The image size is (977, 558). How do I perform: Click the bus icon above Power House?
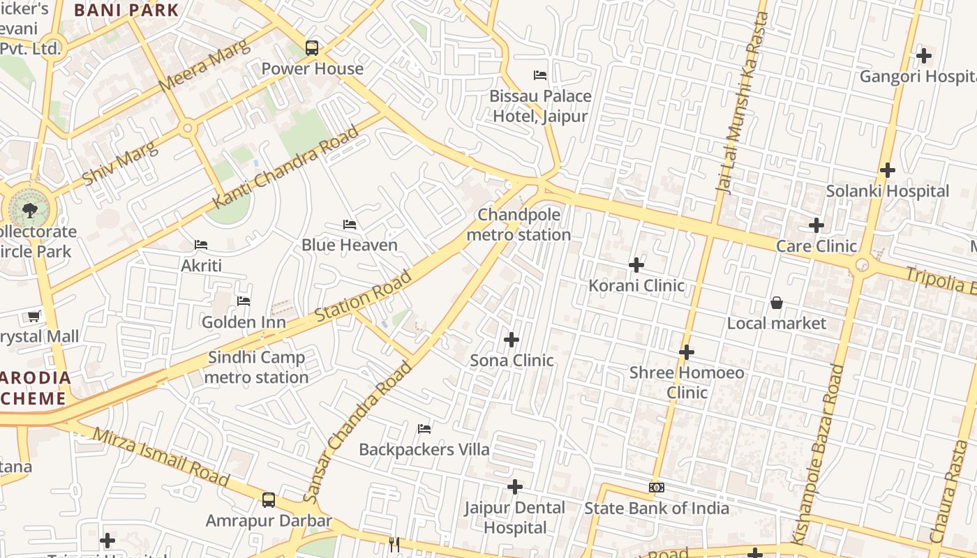312,48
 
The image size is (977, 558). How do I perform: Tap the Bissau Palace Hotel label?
540,105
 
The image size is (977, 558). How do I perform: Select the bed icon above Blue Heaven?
350,225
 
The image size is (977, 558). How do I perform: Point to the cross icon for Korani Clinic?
636,265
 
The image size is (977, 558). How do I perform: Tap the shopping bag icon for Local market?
776,303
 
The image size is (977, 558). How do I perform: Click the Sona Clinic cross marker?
512,340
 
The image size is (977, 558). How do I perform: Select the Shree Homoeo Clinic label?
687,382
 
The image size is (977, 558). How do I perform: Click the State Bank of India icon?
656,488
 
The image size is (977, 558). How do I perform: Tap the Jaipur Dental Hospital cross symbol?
515,487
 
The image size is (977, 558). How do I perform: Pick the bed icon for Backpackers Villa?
424,428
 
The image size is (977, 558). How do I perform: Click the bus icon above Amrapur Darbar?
269,499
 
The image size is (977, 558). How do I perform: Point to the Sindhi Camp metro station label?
257,368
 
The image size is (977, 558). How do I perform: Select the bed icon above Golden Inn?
244,301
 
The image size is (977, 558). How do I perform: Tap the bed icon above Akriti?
201,245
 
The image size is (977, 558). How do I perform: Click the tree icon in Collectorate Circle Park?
29,209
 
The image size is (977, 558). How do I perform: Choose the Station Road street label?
363,297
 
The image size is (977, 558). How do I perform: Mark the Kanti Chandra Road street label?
286,167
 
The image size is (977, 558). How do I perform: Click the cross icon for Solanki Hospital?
887,170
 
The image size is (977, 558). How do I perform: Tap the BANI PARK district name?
126,10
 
